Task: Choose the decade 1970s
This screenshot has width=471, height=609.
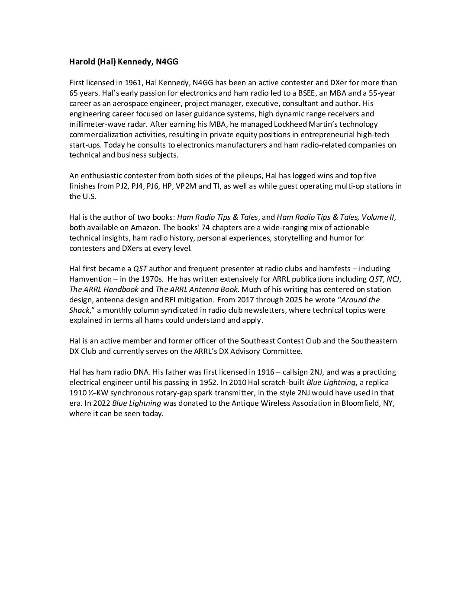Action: [152, 279]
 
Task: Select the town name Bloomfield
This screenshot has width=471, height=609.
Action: [363, 404]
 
